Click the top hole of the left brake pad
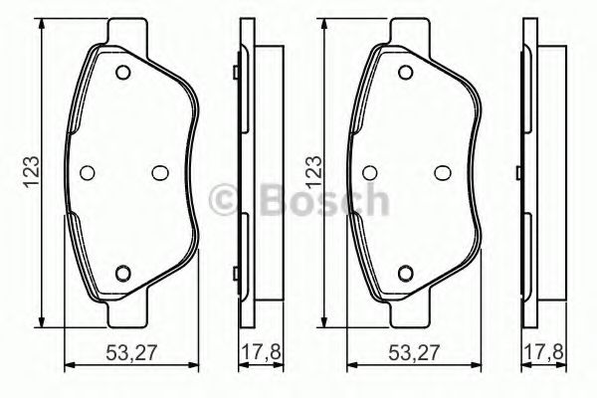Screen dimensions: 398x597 point(122,72)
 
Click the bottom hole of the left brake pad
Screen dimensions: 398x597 point(122,274)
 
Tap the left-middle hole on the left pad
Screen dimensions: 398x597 point(87,171)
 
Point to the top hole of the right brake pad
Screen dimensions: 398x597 point(405,72)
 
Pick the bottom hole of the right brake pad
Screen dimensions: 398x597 point(405,274)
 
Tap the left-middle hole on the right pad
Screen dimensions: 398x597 point(369,171)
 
